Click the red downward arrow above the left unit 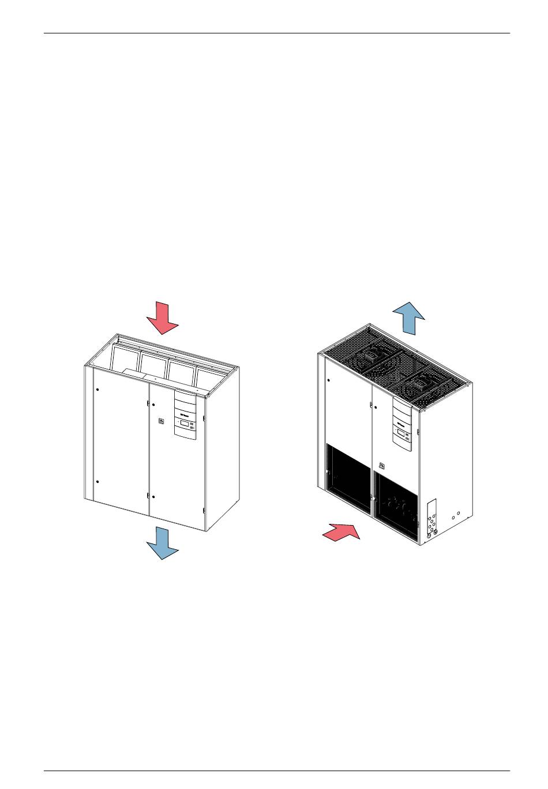(x=162, y=319)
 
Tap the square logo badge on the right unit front (x=381, y=466)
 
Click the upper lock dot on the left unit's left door (x=97, y=390)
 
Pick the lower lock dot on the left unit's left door (x=97, y=481)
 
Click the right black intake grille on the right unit (x=396, y=505)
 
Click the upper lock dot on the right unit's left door (x=328, y=380)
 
